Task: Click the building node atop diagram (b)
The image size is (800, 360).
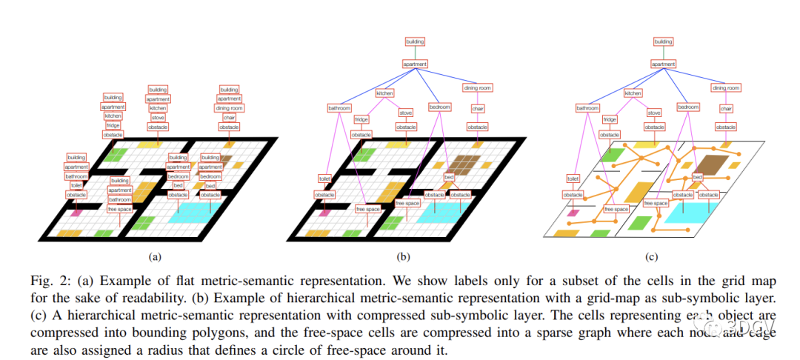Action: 415,42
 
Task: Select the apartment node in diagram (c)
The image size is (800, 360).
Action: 663,64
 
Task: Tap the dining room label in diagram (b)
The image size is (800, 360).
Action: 478,88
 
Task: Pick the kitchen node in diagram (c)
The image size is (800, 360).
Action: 633,93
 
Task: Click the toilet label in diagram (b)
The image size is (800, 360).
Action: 324,179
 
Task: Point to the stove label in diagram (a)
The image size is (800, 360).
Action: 158,117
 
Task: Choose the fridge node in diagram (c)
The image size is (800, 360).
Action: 610,119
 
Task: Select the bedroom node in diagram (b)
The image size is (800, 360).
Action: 440,107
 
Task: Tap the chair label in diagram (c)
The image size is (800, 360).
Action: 726,109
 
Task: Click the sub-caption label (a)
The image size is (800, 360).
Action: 155,257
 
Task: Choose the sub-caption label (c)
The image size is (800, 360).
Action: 652,257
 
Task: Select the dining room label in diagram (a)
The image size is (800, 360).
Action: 229,108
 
